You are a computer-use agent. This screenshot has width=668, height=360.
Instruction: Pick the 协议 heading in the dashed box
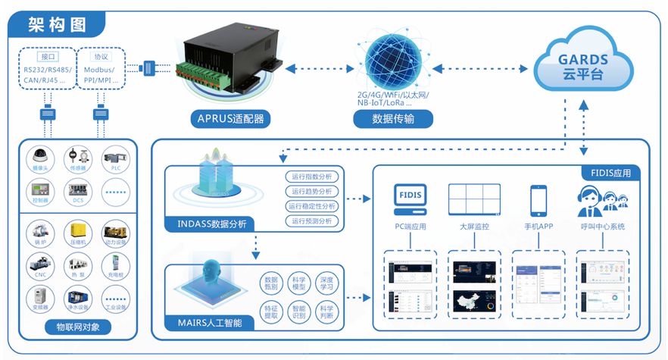[100, 57]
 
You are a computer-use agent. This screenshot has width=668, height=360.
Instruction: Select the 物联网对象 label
[78, 327]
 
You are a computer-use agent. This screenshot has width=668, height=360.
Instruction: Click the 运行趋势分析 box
[310, 191]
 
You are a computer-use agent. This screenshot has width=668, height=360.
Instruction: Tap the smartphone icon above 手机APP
[538, 201]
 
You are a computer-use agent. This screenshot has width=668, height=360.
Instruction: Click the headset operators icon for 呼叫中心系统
[602, 201]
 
